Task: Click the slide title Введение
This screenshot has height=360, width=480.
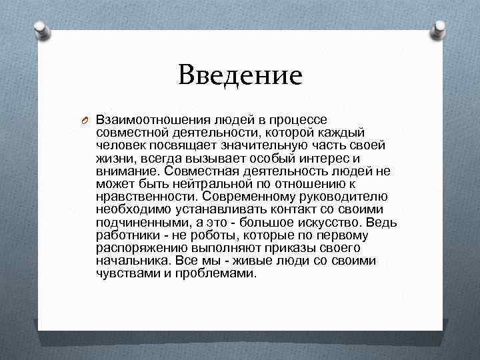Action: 240,75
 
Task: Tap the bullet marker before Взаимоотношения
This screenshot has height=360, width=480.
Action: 83,121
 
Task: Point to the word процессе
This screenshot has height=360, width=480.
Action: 297,120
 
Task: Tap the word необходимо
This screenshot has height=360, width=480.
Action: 128,209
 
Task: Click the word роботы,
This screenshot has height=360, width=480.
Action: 203,235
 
